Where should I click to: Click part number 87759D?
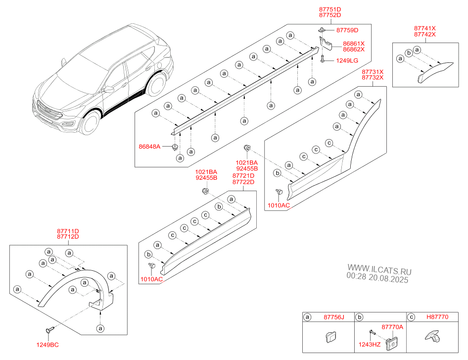pos(347,30)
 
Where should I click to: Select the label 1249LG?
pos(347,60)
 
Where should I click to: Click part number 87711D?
pos(68,230)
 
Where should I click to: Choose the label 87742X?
pos(424,34)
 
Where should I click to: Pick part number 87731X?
pos(372,72)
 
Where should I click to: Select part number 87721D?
pos(243,176)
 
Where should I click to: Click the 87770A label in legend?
pos(391,327)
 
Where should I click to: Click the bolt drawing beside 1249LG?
pos(322,60)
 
